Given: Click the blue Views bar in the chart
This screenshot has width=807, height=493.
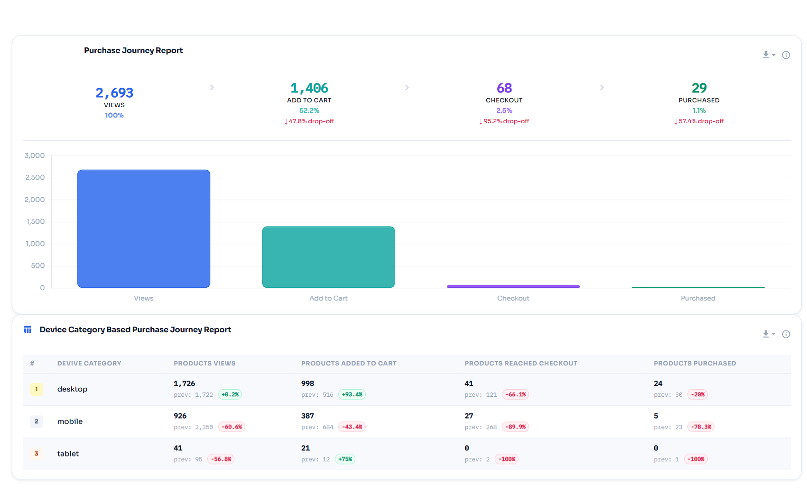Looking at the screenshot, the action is tap(144, 228).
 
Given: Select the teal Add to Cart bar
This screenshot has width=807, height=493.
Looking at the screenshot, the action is tap(329, 257).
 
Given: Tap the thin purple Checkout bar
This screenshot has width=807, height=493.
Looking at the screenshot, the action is tap(513, 286).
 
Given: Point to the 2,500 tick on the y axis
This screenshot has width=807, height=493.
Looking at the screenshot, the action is tap(35, 177).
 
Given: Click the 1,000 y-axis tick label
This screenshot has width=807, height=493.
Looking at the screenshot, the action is tap(35, 244).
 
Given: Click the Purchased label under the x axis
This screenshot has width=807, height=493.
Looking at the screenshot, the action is tap(698, 298).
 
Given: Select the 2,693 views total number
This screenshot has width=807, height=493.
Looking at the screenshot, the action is tap(114, 93).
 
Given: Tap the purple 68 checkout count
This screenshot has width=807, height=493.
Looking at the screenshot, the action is tap(504, 88).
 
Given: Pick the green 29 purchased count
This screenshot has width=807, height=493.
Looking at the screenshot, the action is tap(699, 88).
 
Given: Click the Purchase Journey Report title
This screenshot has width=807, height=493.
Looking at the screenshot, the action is tap(133, 50).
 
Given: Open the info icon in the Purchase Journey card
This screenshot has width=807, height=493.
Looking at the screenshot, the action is tap(786, 55).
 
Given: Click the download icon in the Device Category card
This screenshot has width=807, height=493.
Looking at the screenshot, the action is tap(766, 334).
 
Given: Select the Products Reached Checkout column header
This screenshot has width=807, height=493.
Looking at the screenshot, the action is tap(521, 364).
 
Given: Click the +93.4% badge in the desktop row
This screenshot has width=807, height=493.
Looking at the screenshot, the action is tap(352, 394).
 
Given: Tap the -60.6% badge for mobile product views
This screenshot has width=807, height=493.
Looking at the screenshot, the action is tap(232, 427).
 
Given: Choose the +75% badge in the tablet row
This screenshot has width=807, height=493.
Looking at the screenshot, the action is tap(345, 459).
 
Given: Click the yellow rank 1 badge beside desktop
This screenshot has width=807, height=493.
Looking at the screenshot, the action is tap(37, 389).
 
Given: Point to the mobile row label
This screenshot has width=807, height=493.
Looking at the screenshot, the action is tap(70, 421).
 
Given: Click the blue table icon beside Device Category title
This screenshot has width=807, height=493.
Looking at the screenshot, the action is tap(28, 329).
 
